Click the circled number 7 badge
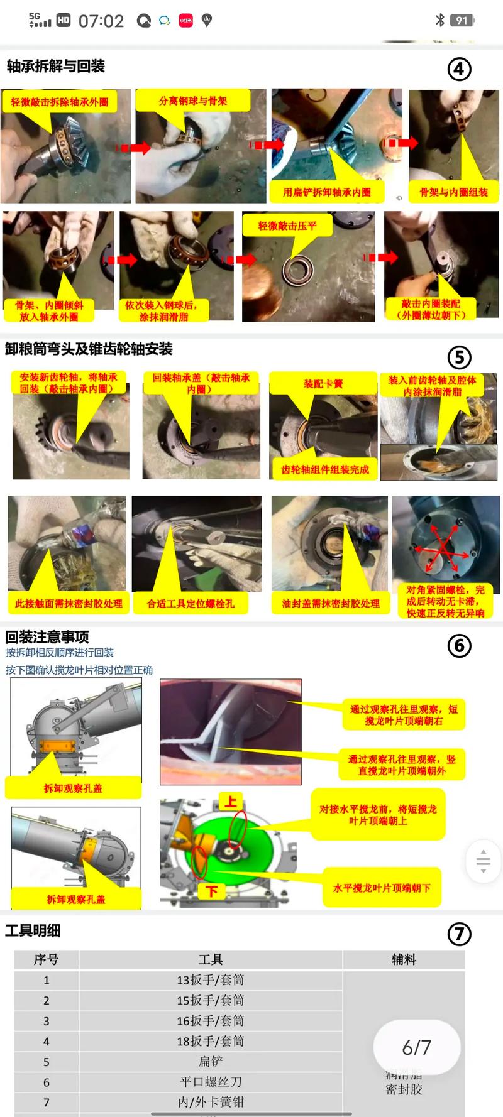(459, 934)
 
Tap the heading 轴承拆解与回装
(55, 66)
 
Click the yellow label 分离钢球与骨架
(193, 101)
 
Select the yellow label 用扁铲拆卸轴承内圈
(326, 192)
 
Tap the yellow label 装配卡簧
(323, 383)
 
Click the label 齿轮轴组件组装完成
(324, 469)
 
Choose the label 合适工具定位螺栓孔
(190, 603)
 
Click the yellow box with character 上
(231, 802)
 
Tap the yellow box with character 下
(212, 891)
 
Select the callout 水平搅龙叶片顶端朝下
(382, 888)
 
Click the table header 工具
(211, 959)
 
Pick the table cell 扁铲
(211, 1062)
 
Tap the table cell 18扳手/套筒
(211, 1041)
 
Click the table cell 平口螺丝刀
(211, 1082)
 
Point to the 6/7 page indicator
(417, 1047)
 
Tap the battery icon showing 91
(462, 21)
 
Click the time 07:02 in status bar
(101, 21)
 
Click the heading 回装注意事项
(47, 636)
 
